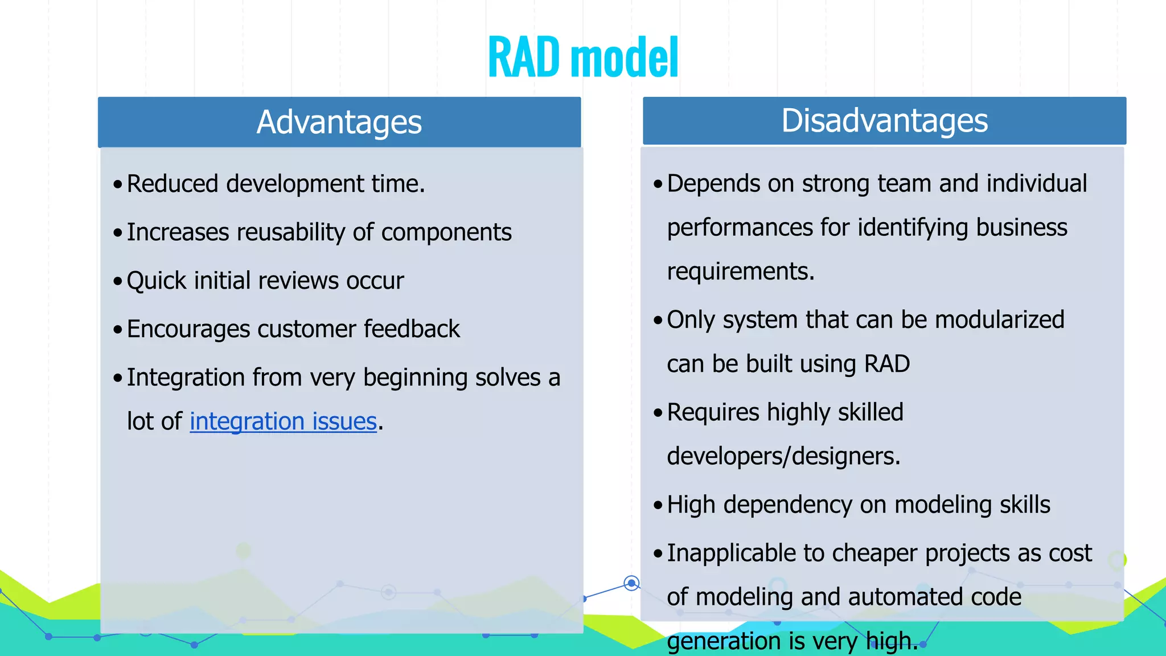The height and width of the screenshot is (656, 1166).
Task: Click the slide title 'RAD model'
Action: (x=583, y=57)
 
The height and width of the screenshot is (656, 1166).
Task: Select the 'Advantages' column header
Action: (x=339, y=122)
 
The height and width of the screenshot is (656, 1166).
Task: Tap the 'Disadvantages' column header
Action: (x=884, y=121)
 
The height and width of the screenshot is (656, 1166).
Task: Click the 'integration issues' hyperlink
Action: (x=283, y=422)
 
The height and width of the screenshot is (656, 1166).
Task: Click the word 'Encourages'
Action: (x=188, y=330)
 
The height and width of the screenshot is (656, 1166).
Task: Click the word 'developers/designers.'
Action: (x=783, y=457)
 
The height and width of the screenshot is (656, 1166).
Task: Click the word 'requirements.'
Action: (x=741, y=272)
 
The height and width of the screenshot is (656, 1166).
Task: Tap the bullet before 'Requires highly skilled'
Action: (x=658, y=413)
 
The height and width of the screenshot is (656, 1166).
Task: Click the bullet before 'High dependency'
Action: (x=658, y=505)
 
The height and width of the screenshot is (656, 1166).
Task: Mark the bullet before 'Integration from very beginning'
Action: (x=118, y=378)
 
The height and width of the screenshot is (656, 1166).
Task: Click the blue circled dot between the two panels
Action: (x=631, y=583)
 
